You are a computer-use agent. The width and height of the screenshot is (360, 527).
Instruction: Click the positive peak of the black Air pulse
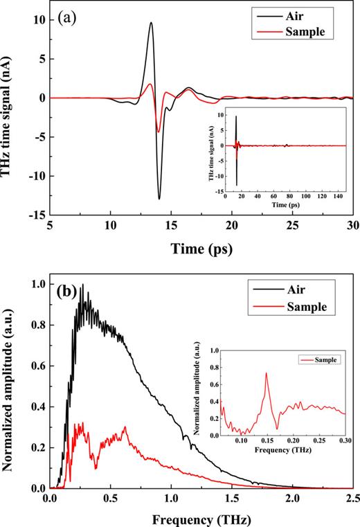[151, 22]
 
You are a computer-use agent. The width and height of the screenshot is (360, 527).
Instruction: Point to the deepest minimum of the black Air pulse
[159, 199]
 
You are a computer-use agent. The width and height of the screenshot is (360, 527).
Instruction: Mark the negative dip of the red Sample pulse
[159, 132]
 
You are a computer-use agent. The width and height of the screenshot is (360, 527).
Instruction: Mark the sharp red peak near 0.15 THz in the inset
[267, 373]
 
